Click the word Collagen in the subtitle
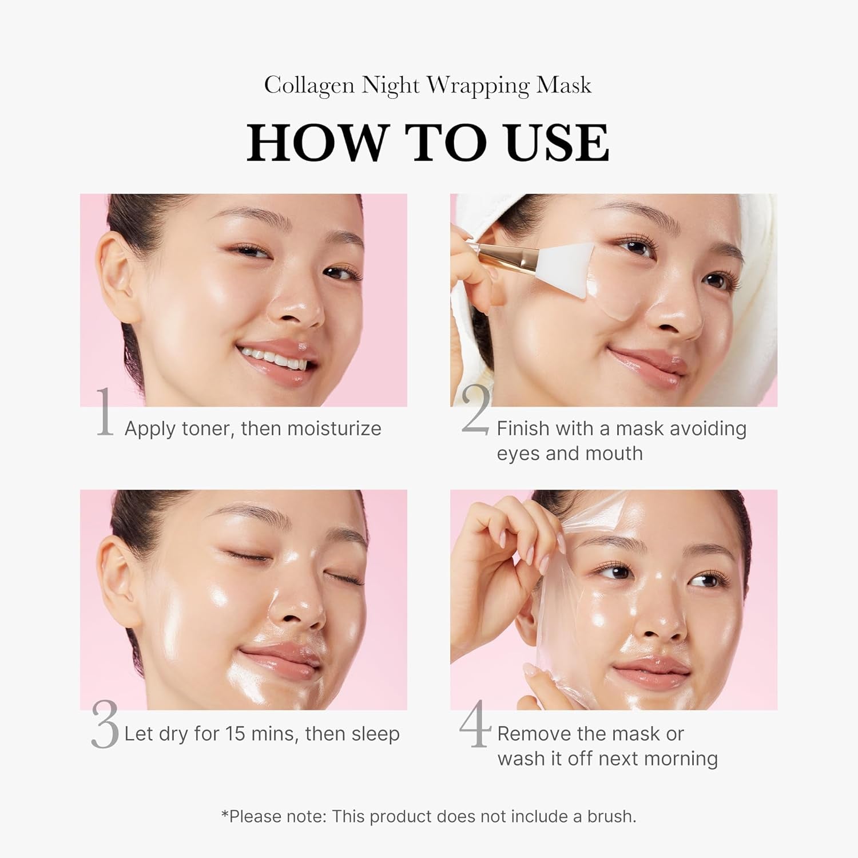308,86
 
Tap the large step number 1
104,412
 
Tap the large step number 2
475,410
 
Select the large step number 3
105,725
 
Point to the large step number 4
475,724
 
